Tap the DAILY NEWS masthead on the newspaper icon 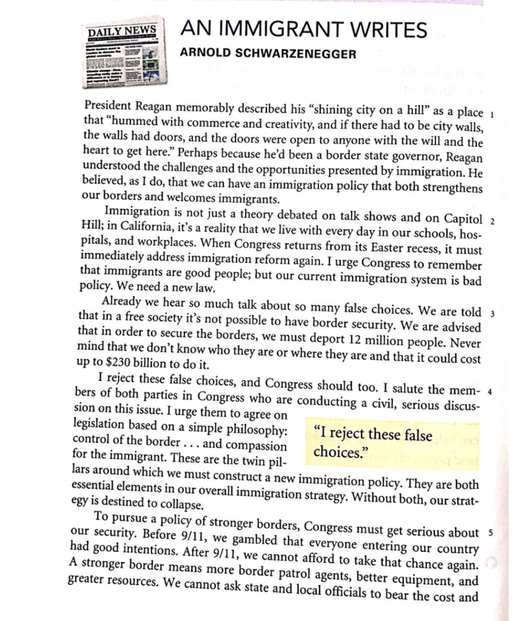[122, 31]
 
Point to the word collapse [175, 505]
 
